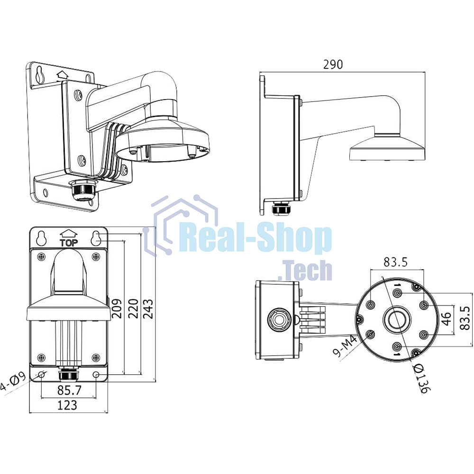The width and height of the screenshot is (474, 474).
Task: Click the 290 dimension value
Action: (x=333, y=64)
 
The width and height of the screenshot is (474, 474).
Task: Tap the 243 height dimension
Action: (x=148, y=309)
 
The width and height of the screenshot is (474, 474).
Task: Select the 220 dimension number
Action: (x=133, y=309)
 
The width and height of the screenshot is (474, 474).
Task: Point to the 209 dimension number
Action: (x=117, y=309)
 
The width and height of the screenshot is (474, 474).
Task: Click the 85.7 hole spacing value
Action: (x=69, y=390)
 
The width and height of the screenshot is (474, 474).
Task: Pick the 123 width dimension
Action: (x=67, y=405)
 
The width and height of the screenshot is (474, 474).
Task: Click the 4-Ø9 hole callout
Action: (x=12, y=382)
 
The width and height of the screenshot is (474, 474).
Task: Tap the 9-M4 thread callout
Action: (x=345, y=347)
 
